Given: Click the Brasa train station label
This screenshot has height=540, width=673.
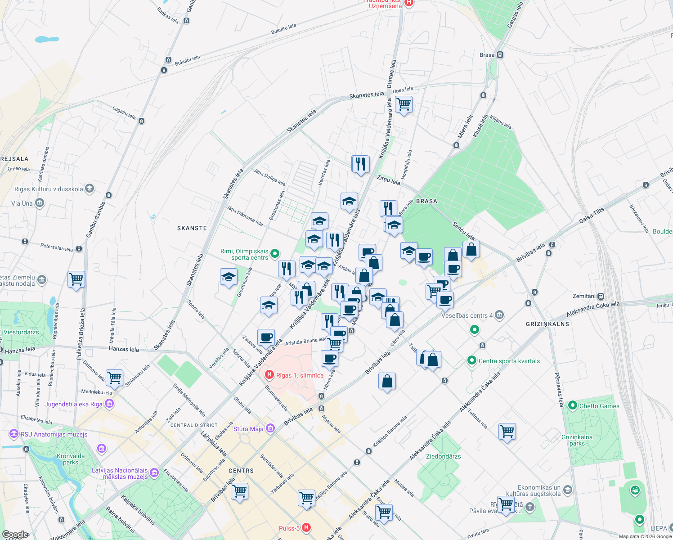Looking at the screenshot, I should tap(487, 55).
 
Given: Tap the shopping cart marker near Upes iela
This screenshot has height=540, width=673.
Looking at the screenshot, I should tap(404, 104).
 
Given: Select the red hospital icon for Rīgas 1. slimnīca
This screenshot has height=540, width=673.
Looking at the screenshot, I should tap(269, 374).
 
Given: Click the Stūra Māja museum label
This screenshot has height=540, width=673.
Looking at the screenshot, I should tap(248, 429).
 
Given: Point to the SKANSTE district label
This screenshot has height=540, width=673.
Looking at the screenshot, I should tap(192, 228).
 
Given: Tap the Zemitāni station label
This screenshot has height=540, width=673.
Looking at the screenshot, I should tap(584, 296).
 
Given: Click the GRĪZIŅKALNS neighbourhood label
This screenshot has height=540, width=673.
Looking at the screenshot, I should tap(547, 324).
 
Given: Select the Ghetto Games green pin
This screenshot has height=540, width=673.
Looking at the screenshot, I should tap(573, 405).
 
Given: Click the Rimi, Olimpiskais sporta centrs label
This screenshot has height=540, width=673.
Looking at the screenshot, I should tap(244, 254).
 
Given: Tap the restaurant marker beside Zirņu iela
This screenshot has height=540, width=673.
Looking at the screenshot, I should tap(360, 164).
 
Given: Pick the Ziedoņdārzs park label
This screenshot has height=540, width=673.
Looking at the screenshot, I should tap(443, 456).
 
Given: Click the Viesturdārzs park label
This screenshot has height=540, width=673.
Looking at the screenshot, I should tap(21, 332).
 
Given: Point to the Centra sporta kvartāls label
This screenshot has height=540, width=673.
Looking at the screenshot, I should tap(509, 361).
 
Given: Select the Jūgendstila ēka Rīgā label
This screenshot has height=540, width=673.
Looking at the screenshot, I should tap(73, 404).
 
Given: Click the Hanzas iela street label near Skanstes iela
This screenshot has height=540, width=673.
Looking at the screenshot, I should tap(124, 349).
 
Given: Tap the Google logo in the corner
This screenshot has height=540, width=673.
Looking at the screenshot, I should tap(15, 535).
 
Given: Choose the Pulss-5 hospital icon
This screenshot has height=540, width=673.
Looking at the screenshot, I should tap(306, 527).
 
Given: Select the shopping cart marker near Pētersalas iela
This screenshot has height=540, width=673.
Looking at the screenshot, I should tap(76, 279).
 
